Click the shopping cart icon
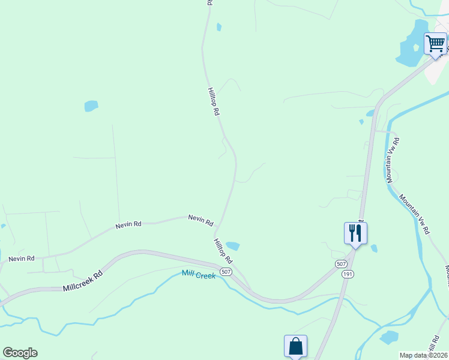(435, 44)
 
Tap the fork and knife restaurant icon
(355, 232)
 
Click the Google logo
(20, 353)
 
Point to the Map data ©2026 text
(423, 355)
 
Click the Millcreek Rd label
(83, 280)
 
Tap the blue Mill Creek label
(198, 275)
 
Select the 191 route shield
(349, 274)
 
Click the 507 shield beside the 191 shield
(341, 263)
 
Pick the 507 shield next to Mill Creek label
(226, 272)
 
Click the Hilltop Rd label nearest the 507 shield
(223, 251)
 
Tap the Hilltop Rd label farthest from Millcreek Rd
(214, 102)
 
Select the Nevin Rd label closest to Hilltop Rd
(200, 220)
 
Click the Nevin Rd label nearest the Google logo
(21, 259)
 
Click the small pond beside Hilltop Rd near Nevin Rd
(232, 246)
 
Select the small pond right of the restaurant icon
(374, 248)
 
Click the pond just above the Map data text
(389, 337)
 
